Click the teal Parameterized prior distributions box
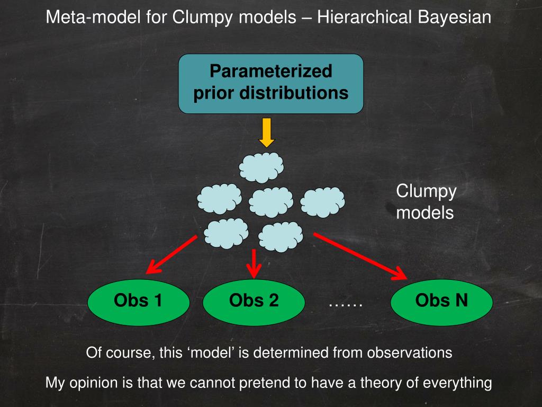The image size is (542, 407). pos(270,83)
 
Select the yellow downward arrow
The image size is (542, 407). pos(267,133)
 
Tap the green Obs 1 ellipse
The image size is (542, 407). pos(138,302)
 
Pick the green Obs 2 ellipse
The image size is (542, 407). pos(254,302)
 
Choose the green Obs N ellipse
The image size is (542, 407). pos(441,302)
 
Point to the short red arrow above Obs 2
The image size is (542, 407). pos(254,262)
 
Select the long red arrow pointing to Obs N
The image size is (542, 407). pos(360,255)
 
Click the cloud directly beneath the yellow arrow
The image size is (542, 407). pos(261,167)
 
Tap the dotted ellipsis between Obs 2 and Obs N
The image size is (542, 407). pos(346,303)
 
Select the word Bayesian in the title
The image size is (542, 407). pos(455,17)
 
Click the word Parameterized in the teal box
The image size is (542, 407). pos(270,70)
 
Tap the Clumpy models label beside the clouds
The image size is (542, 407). pos(426,202)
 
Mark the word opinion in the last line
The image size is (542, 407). pos(95,383)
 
